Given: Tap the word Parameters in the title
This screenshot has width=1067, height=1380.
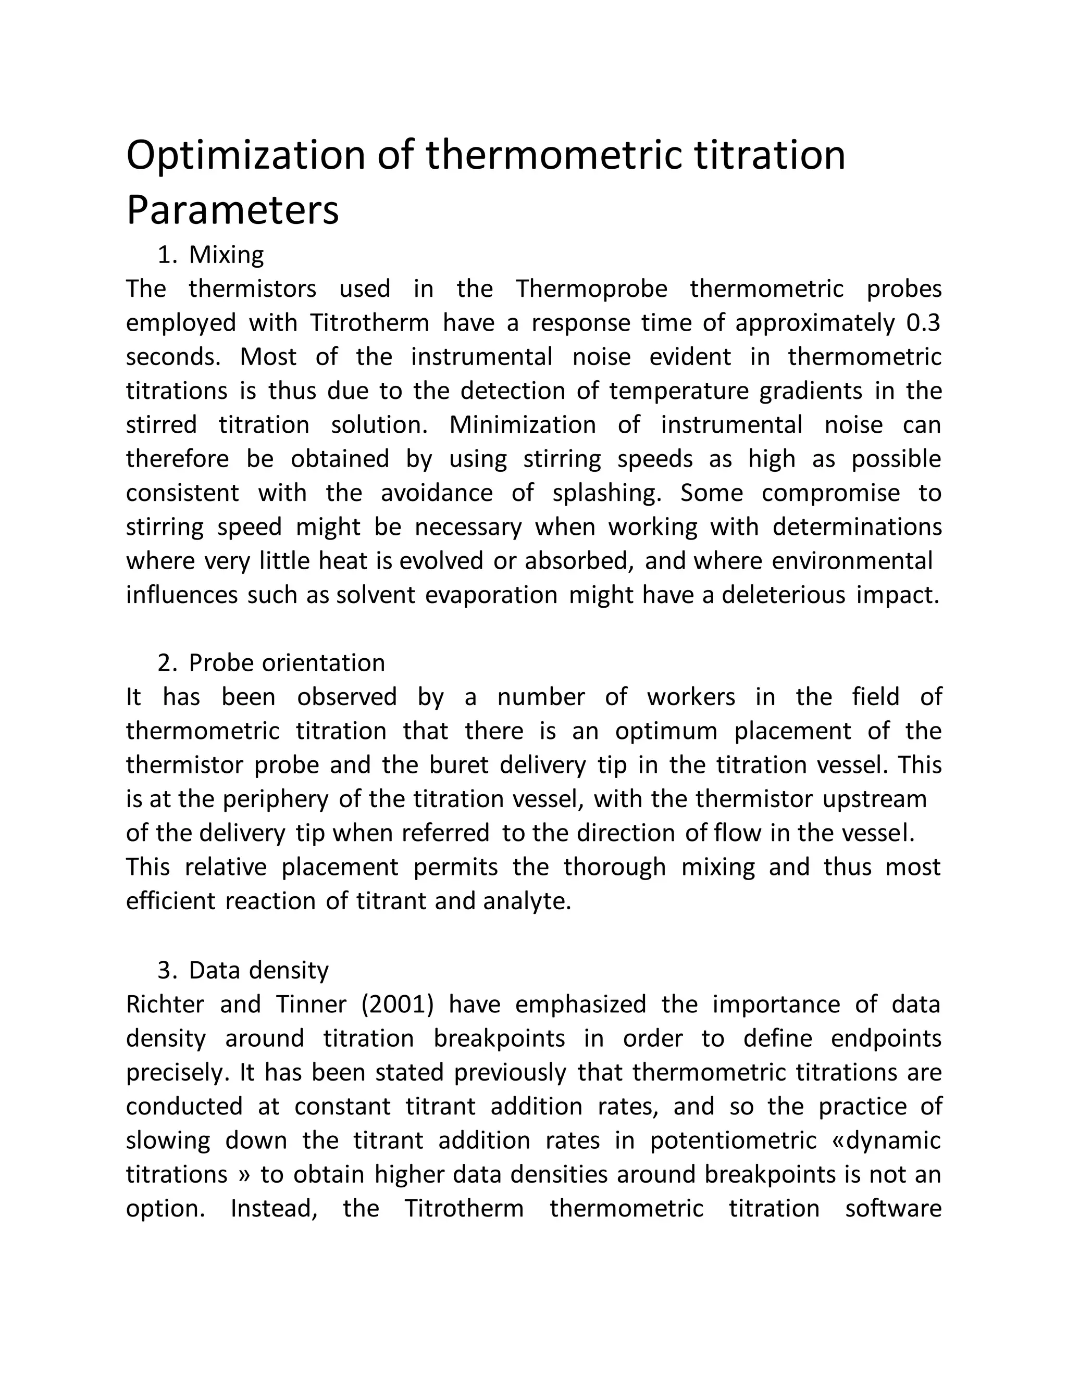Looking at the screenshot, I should [x=232, y=210].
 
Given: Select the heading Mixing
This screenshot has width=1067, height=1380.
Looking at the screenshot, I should [x=226, y=255].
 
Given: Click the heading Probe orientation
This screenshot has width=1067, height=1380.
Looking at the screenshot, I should [x=287, y=663].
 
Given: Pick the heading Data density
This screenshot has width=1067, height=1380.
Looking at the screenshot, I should [x=258, y=970].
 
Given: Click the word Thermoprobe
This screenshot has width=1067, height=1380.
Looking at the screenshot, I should [x=592, y=289].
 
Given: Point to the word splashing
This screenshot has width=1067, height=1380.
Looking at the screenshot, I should [x=607, y=493].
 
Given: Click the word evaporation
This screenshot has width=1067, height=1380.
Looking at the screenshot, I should [x=491, y=595].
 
